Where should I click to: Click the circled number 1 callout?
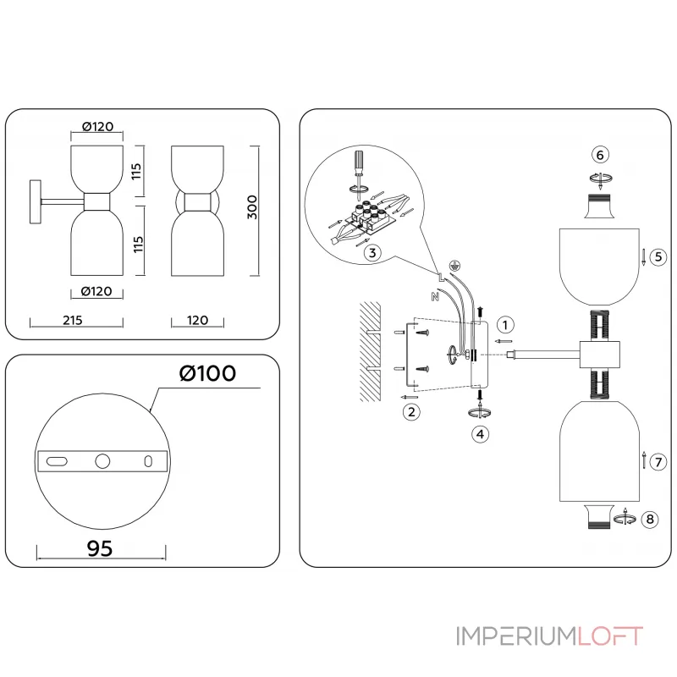pos(505,324)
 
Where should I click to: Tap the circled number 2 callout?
pos(411,412)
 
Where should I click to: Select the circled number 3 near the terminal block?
pos(370,250)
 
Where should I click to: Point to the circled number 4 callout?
pos(480,433)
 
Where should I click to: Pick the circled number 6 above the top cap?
pos(600,155)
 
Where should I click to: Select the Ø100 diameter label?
pos(207,372)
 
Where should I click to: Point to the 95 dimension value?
pos(100,548)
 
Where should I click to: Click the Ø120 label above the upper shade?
pos(97,127)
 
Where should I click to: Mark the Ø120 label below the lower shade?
pos(97,292)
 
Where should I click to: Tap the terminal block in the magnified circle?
pos(368,217)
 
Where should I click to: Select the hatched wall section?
pos(369,351)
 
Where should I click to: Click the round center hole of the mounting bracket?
pos(102,461)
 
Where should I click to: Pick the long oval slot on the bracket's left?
pos(58,461)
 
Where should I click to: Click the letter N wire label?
pos(434,296)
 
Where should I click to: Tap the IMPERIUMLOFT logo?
pos(549,636)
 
